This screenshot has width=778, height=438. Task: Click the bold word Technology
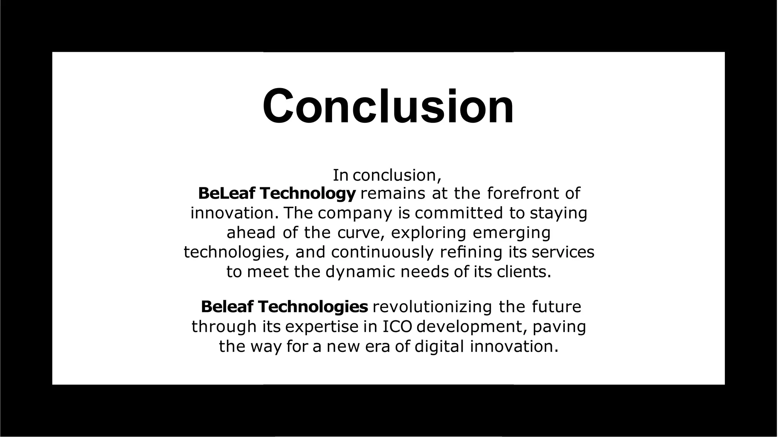click(308, 193)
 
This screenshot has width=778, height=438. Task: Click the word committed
click(459, 213)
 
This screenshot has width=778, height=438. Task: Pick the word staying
click(558, 213)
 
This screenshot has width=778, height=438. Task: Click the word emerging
click(512, 233)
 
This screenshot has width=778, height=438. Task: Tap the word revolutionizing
click(432, 307)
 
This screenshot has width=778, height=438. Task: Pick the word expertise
click(321, 327)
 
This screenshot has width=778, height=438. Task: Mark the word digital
click(439, 346)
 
